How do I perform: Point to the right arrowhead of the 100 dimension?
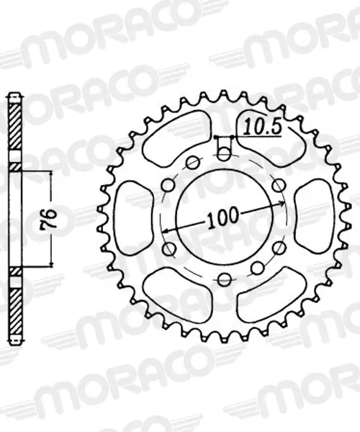click(282, 204)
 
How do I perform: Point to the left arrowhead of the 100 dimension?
click(166, 230)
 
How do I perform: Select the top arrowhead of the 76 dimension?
click(51, 174)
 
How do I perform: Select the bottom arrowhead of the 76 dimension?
click(51, 264)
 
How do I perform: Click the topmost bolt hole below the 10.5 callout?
click(225, 153)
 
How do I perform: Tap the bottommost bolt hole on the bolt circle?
click(224, 279)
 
